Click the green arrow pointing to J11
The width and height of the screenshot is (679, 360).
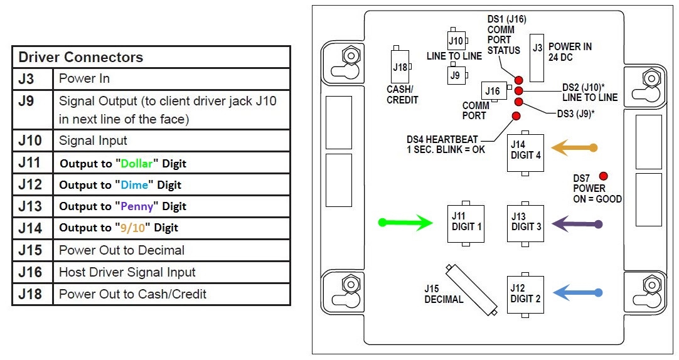pos(405,222)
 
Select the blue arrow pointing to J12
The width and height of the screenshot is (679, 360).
pos(577,292)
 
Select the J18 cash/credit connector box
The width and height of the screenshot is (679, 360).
pos(399,66)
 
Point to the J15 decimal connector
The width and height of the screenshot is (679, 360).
pos(471,289)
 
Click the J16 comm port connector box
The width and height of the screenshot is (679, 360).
pos(493,92)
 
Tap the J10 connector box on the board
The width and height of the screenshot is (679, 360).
pos(456,41)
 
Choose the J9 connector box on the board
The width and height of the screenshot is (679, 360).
pos(456,75)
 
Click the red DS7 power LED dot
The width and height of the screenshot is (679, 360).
pos(604,176)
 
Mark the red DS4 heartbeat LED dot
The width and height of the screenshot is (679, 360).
pos(516,116)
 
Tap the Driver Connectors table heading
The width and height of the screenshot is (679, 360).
pos(81,57)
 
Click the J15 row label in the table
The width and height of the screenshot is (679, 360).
pos(30,250)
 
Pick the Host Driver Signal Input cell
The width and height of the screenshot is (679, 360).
pos(127,272)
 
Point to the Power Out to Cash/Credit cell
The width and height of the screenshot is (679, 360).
pos(132,294)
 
